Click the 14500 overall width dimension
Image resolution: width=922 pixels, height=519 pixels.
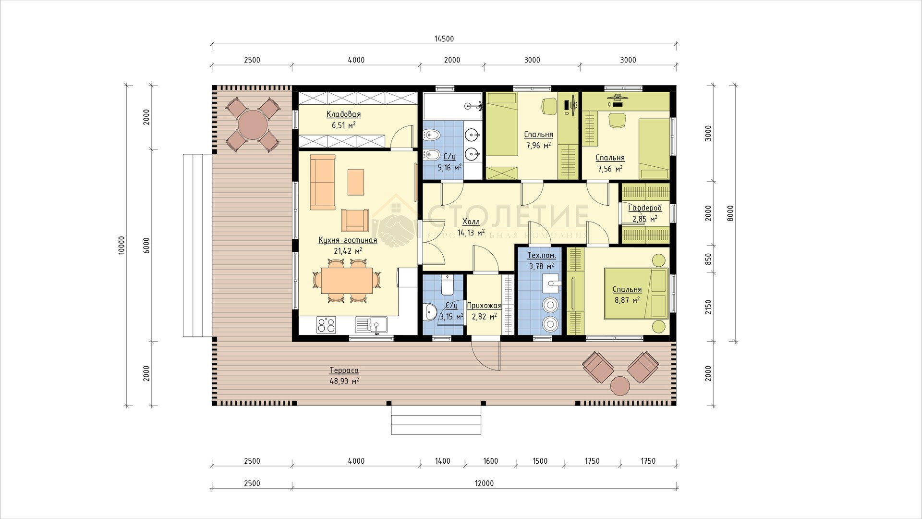(x=444, y=39)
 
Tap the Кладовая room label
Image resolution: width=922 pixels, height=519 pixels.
(x=343, y=114)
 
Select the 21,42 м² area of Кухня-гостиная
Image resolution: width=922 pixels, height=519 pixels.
(x=348, y=250)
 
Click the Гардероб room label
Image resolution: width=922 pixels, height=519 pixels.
(x=645, y=208)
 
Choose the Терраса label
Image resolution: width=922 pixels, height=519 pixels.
(x=344, y=371)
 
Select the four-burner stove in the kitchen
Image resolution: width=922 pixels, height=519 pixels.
(x=327, y=325)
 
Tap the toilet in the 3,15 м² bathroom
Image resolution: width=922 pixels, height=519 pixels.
(x=447, y=285)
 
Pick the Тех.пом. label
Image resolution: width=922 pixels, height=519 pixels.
(x=541, y=256)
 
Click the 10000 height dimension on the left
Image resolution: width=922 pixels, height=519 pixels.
(x=121, y=245)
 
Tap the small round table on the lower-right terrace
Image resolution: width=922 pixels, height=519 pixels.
(x=620, y=386)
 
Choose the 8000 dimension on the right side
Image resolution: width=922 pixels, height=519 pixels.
(x=730, y=213)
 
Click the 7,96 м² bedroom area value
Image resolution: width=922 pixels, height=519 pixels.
(x=538, y=145)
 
